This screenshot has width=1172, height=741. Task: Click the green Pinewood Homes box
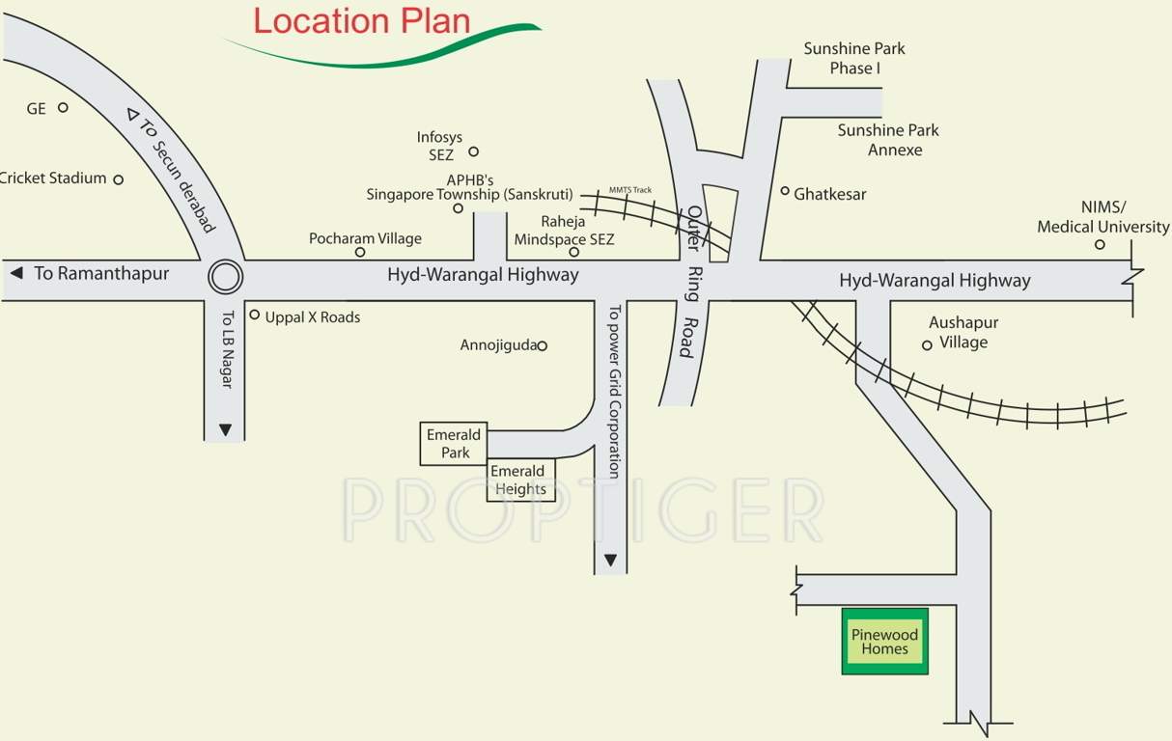(885, 642)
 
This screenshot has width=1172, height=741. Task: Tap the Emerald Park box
(454, 444)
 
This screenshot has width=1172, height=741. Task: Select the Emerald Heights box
(521, 480)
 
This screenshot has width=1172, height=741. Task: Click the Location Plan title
(362, 21)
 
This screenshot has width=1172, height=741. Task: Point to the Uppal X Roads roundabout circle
(225, 278)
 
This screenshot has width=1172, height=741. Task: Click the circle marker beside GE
(63, 107)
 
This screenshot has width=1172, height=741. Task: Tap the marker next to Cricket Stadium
(119, 179)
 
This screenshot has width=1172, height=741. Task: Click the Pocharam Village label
(365, 238)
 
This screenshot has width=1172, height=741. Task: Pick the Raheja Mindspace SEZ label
(564, 231)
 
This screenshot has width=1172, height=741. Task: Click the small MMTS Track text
(630, 190)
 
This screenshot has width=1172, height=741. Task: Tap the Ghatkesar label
(829, 194)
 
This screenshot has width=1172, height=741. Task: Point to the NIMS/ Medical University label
(1102, 217)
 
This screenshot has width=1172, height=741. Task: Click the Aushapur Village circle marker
(927, 344)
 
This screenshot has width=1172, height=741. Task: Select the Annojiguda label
(498, 344)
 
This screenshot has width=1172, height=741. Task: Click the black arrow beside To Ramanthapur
(16, 274)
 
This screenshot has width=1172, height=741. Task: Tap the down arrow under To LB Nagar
(225, 429)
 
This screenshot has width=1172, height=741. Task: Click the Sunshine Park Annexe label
(888, 140)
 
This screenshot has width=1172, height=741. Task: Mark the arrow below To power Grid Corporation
(610, 560)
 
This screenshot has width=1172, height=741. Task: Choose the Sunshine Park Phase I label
(854, 58)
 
